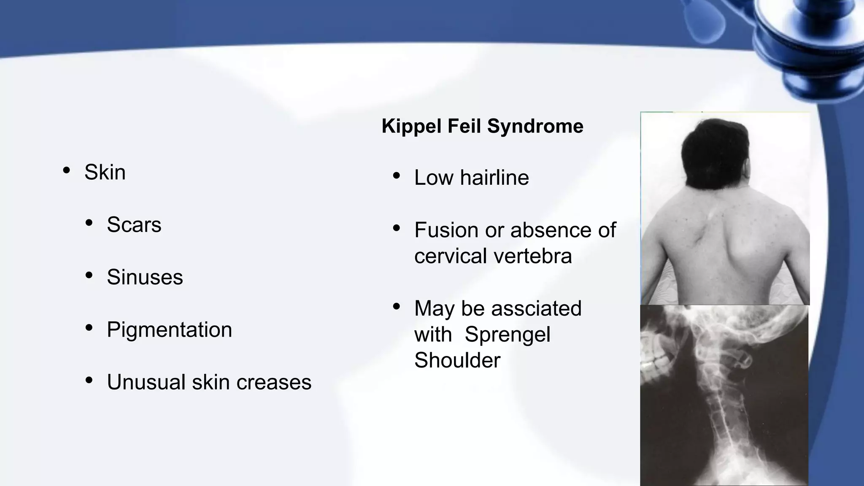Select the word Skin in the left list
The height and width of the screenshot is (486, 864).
[105, 172]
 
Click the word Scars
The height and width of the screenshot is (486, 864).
[134, 224]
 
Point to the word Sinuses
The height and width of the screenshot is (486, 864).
[145, 277]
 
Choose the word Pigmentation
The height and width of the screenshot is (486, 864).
[169, 329]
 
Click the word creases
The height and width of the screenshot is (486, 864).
[273, 382]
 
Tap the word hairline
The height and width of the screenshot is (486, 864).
[494, 178]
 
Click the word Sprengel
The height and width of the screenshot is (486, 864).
[508, 335]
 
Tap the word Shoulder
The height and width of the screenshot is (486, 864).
[457, 361]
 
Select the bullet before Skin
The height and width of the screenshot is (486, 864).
[66, 170]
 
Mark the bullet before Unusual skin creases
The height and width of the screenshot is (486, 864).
[89, 381]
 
